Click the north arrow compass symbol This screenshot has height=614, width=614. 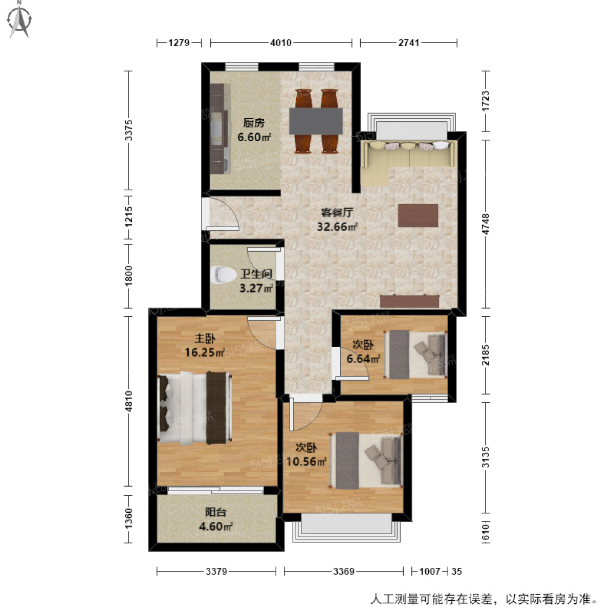tap(20, 20)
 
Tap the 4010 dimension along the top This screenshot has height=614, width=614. tap(281, 42)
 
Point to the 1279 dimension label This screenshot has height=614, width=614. tap(179, 42)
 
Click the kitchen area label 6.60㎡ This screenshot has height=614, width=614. tap(254, 137)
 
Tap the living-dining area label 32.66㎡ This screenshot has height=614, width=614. tap(337, 227)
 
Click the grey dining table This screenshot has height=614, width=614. tap(316, 121)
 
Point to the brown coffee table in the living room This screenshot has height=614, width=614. tap(418, 215)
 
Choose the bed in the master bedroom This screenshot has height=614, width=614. tap(194, 408)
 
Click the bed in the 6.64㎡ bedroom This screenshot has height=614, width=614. tap(415, 355)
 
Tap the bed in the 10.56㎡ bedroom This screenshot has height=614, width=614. tap(366, 460)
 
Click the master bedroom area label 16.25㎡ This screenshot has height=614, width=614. tap(205, 352)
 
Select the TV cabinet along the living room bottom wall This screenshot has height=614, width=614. tap(409, 301)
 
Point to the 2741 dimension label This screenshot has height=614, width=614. tap(409, 42)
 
